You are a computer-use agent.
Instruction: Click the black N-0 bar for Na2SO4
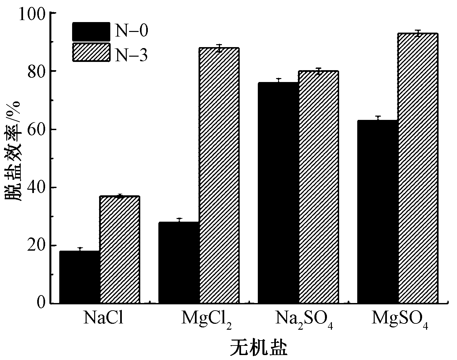pos(278,193)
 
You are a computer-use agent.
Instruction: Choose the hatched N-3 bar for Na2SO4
pos(319,187)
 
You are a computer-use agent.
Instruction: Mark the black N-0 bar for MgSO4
pos(378,211)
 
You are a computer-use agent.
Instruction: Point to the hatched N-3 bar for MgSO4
pos(418,168)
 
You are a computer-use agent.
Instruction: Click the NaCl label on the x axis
pos(104,318)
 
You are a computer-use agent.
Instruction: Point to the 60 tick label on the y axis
pos(37,129)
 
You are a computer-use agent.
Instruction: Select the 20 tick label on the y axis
pos(37,246)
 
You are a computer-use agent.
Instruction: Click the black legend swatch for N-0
pos(91,32)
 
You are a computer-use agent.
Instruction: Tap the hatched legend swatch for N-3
pos(91,52)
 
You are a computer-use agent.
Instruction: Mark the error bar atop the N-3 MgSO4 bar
pos(418,33)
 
